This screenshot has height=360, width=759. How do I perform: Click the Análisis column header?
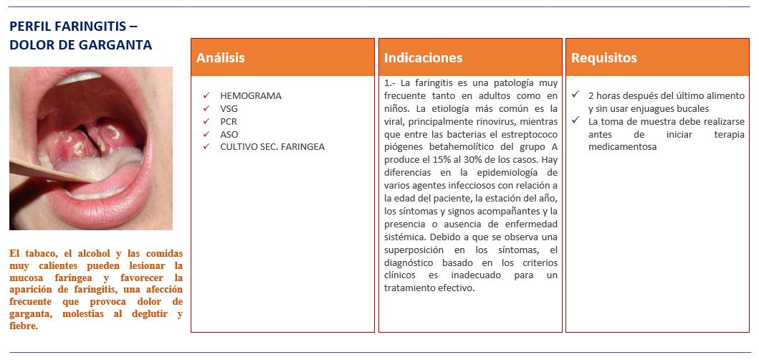221,58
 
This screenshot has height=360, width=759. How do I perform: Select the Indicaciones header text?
424,58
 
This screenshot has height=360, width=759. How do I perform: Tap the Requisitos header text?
604,58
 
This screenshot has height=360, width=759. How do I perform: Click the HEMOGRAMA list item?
251,95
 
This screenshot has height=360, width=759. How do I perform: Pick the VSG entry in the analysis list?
229,108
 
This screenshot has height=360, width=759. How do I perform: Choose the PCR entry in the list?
229,121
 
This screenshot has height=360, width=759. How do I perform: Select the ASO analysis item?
229,134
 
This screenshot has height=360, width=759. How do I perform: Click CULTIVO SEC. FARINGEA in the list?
272,147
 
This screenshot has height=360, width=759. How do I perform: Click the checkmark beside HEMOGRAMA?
206,95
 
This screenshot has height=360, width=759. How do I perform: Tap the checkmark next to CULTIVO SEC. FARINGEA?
206,147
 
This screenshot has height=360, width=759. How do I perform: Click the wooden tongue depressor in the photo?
43,173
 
